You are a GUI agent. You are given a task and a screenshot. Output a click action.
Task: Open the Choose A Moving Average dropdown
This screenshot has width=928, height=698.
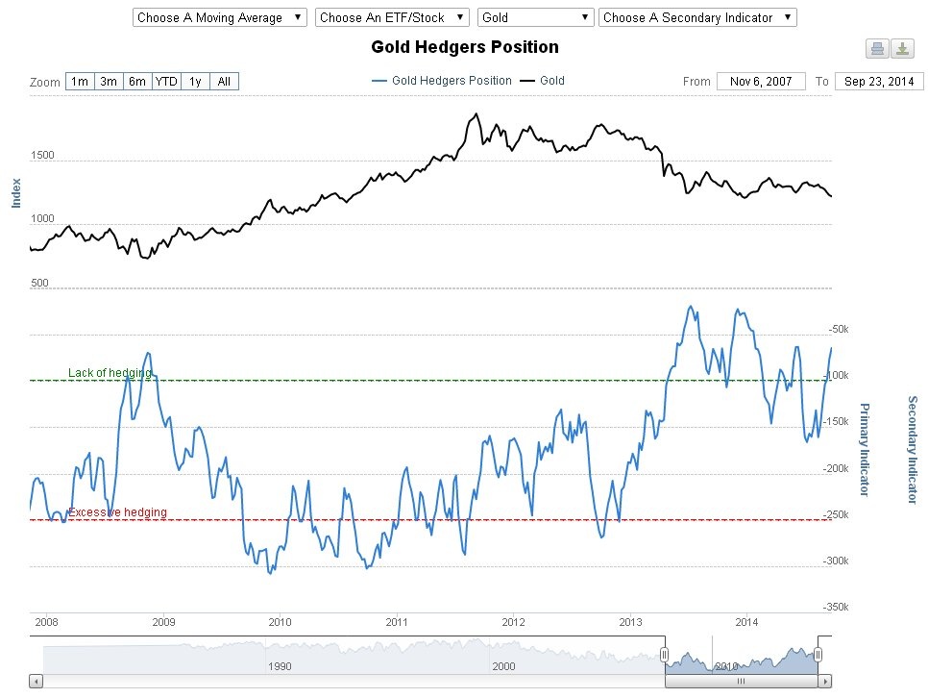[x=219, y=17]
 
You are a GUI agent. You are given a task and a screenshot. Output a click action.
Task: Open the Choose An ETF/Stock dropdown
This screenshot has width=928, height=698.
[x=391, y=17]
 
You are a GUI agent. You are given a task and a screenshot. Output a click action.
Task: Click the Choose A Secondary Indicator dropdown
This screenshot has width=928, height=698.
[x=697, y=17]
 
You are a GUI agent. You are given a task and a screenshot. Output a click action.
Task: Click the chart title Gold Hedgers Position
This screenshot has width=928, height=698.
[x=464, y=47]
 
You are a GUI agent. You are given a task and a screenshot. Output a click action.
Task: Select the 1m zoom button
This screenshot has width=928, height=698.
[x=79, y=82]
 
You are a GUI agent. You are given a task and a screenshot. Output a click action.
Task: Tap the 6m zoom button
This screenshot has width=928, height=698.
[x=136, y=82]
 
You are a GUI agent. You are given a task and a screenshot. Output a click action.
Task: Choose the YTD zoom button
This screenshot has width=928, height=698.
[x=166, y=82]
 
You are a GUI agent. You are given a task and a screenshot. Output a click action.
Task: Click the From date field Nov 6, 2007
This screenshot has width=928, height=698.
[x=761, y=82]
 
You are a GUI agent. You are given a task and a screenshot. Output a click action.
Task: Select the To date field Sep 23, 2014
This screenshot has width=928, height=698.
[x=878, y=82]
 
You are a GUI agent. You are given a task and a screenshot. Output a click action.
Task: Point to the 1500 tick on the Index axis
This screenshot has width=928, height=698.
[x=42, y=156]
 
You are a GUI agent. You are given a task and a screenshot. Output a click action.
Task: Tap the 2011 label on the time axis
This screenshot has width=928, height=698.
[x=397, y=621]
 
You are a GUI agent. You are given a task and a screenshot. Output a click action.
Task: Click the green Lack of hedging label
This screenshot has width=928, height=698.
[x=110, y=373]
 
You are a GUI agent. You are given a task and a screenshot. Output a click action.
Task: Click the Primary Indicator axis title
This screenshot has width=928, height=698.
[x=863, y=449]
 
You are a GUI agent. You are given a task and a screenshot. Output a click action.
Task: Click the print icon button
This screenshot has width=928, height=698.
[x=876, y=49]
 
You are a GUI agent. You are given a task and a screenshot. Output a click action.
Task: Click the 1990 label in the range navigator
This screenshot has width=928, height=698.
[x=279, y=665]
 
